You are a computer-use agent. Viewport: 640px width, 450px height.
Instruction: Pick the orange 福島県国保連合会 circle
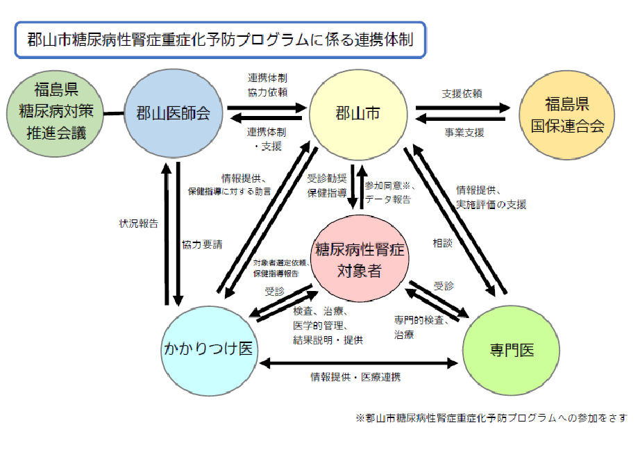coord(567,115)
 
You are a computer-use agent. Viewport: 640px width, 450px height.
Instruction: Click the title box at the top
coord(219,39)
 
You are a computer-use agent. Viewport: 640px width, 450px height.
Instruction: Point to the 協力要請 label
coord(202,245)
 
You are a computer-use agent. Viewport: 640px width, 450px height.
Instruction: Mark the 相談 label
coord(442,243)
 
